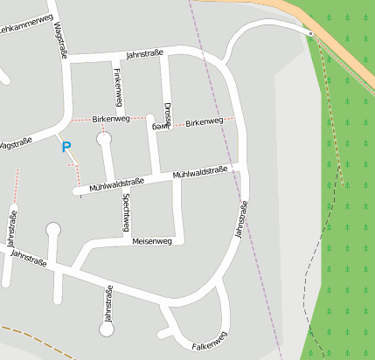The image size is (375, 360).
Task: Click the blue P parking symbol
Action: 66,147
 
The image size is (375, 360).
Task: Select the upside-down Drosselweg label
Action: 164,114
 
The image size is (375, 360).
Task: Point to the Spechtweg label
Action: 128,212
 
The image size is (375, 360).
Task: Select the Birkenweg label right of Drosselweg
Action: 205,122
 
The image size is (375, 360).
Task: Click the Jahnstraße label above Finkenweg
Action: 146,53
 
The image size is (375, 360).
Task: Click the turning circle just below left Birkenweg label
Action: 105,138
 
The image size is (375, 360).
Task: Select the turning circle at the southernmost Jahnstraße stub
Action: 107,329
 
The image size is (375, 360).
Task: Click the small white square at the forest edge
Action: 310,33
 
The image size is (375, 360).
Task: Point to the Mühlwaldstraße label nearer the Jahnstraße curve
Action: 200,173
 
